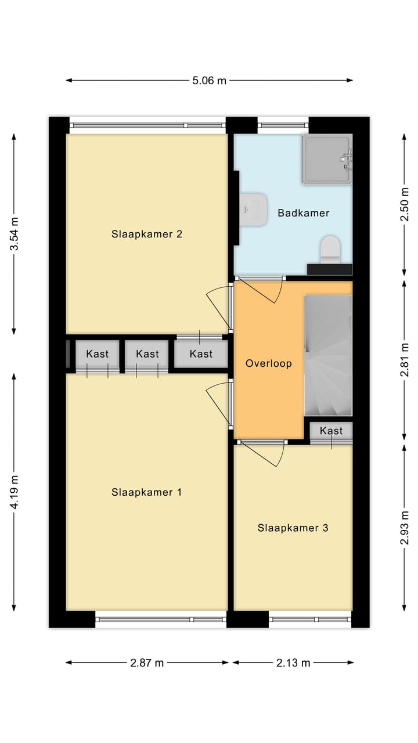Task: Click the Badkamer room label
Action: pyautogui.click(x=303, y=213)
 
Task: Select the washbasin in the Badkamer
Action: pyautogui.click(x=254, y=210)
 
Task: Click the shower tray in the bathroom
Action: pyautogui.click(x=327, y=158)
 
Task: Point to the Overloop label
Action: pyautogui.click(x=269, y=363)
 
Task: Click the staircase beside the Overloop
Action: pyautogui.click(x=328, y=355)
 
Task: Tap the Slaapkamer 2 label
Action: pyautogui.click(x=147, y=234)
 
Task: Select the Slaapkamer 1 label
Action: pyautogui.click(x=146, y=492)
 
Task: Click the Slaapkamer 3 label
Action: pyautogui.click(x=293, y=528)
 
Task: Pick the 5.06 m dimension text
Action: pyautogui.click(x=210, y=80)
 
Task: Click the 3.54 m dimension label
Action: pyautogui.click(x=15, y=234)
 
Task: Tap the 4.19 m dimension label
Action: pyautogui.click(x=15, y=492)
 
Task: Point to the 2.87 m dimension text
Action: pyautogui.click(x=147, y=663)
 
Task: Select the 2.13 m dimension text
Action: pyautogui.click(x=293, y=663)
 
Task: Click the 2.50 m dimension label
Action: pyautogui.click(x=405, y=204)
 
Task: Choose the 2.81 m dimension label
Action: pyautogui.click(x=405, y=360)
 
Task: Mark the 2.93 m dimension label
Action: pyautogui.click(x=405, y=528)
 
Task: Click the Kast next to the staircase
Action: pyautogui.click(x=331, y=431)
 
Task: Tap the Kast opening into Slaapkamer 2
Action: pyautogui.click(x=201, y=354)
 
